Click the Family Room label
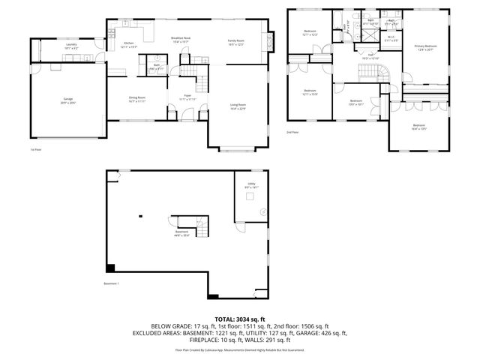[236, 41]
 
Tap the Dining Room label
[136, 99]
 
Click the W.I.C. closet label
[391, 37]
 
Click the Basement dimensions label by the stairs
[182, 233]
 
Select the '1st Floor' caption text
[35, 150]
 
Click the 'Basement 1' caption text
[112, 283]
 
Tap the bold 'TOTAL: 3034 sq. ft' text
[240, 319]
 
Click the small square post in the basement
[139, 217]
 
